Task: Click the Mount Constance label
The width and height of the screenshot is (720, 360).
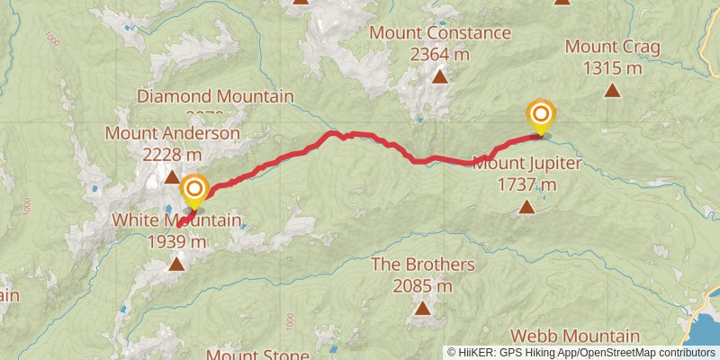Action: (x=440, y=33)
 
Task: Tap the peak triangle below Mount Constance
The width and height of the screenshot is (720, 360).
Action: (x=440, y=77)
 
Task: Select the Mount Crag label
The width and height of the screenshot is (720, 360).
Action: (x=612, y=47)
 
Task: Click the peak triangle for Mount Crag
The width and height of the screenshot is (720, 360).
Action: (x=612, y=90)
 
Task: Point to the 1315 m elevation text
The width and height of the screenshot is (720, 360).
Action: (x=612, y=67)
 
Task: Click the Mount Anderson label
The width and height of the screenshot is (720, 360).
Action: (x=173, y=134)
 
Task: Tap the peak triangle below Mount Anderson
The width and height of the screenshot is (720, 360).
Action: (x=172, y=177)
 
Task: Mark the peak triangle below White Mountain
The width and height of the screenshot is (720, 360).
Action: (x=176, y=264)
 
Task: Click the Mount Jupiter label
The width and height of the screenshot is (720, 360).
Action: (x=527, y=164)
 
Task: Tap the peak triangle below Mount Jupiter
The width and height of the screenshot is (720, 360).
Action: (x=526, y=208)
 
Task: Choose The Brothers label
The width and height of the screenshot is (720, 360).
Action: (x=422, y=265)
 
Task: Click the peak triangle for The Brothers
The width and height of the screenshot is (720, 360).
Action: (x=422, y=310)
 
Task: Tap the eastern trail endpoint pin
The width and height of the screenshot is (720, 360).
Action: (x=541, y=115)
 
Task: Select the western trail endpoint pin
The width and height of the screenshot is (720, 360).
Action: (x=194, y=190)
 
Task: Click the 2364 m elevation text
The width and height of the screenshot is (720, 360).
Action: (x=440, y=54)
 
